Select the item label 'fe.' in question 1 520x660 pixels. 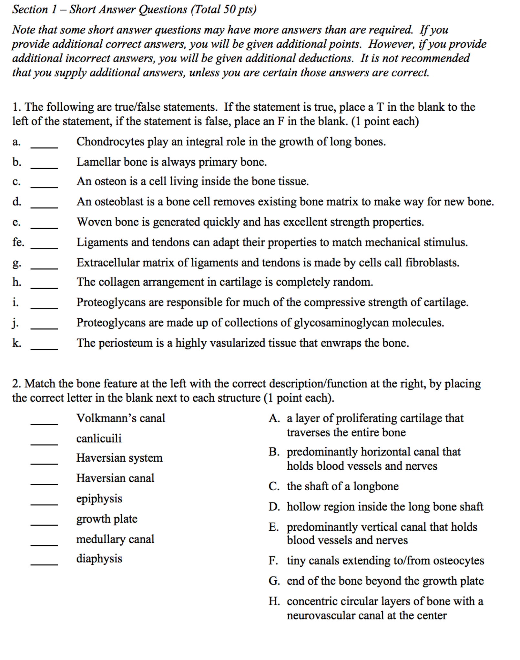click(18, 242)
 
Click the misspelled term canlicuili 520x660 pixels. click(99, 438)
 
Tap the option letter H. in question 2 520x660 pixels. click(274, 601)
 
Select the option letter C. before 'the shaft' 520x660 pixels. click(274, 486)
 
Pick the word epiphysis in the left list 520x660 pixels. click(99, 499)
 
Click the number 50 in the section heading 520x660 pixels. click(229, 9)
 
